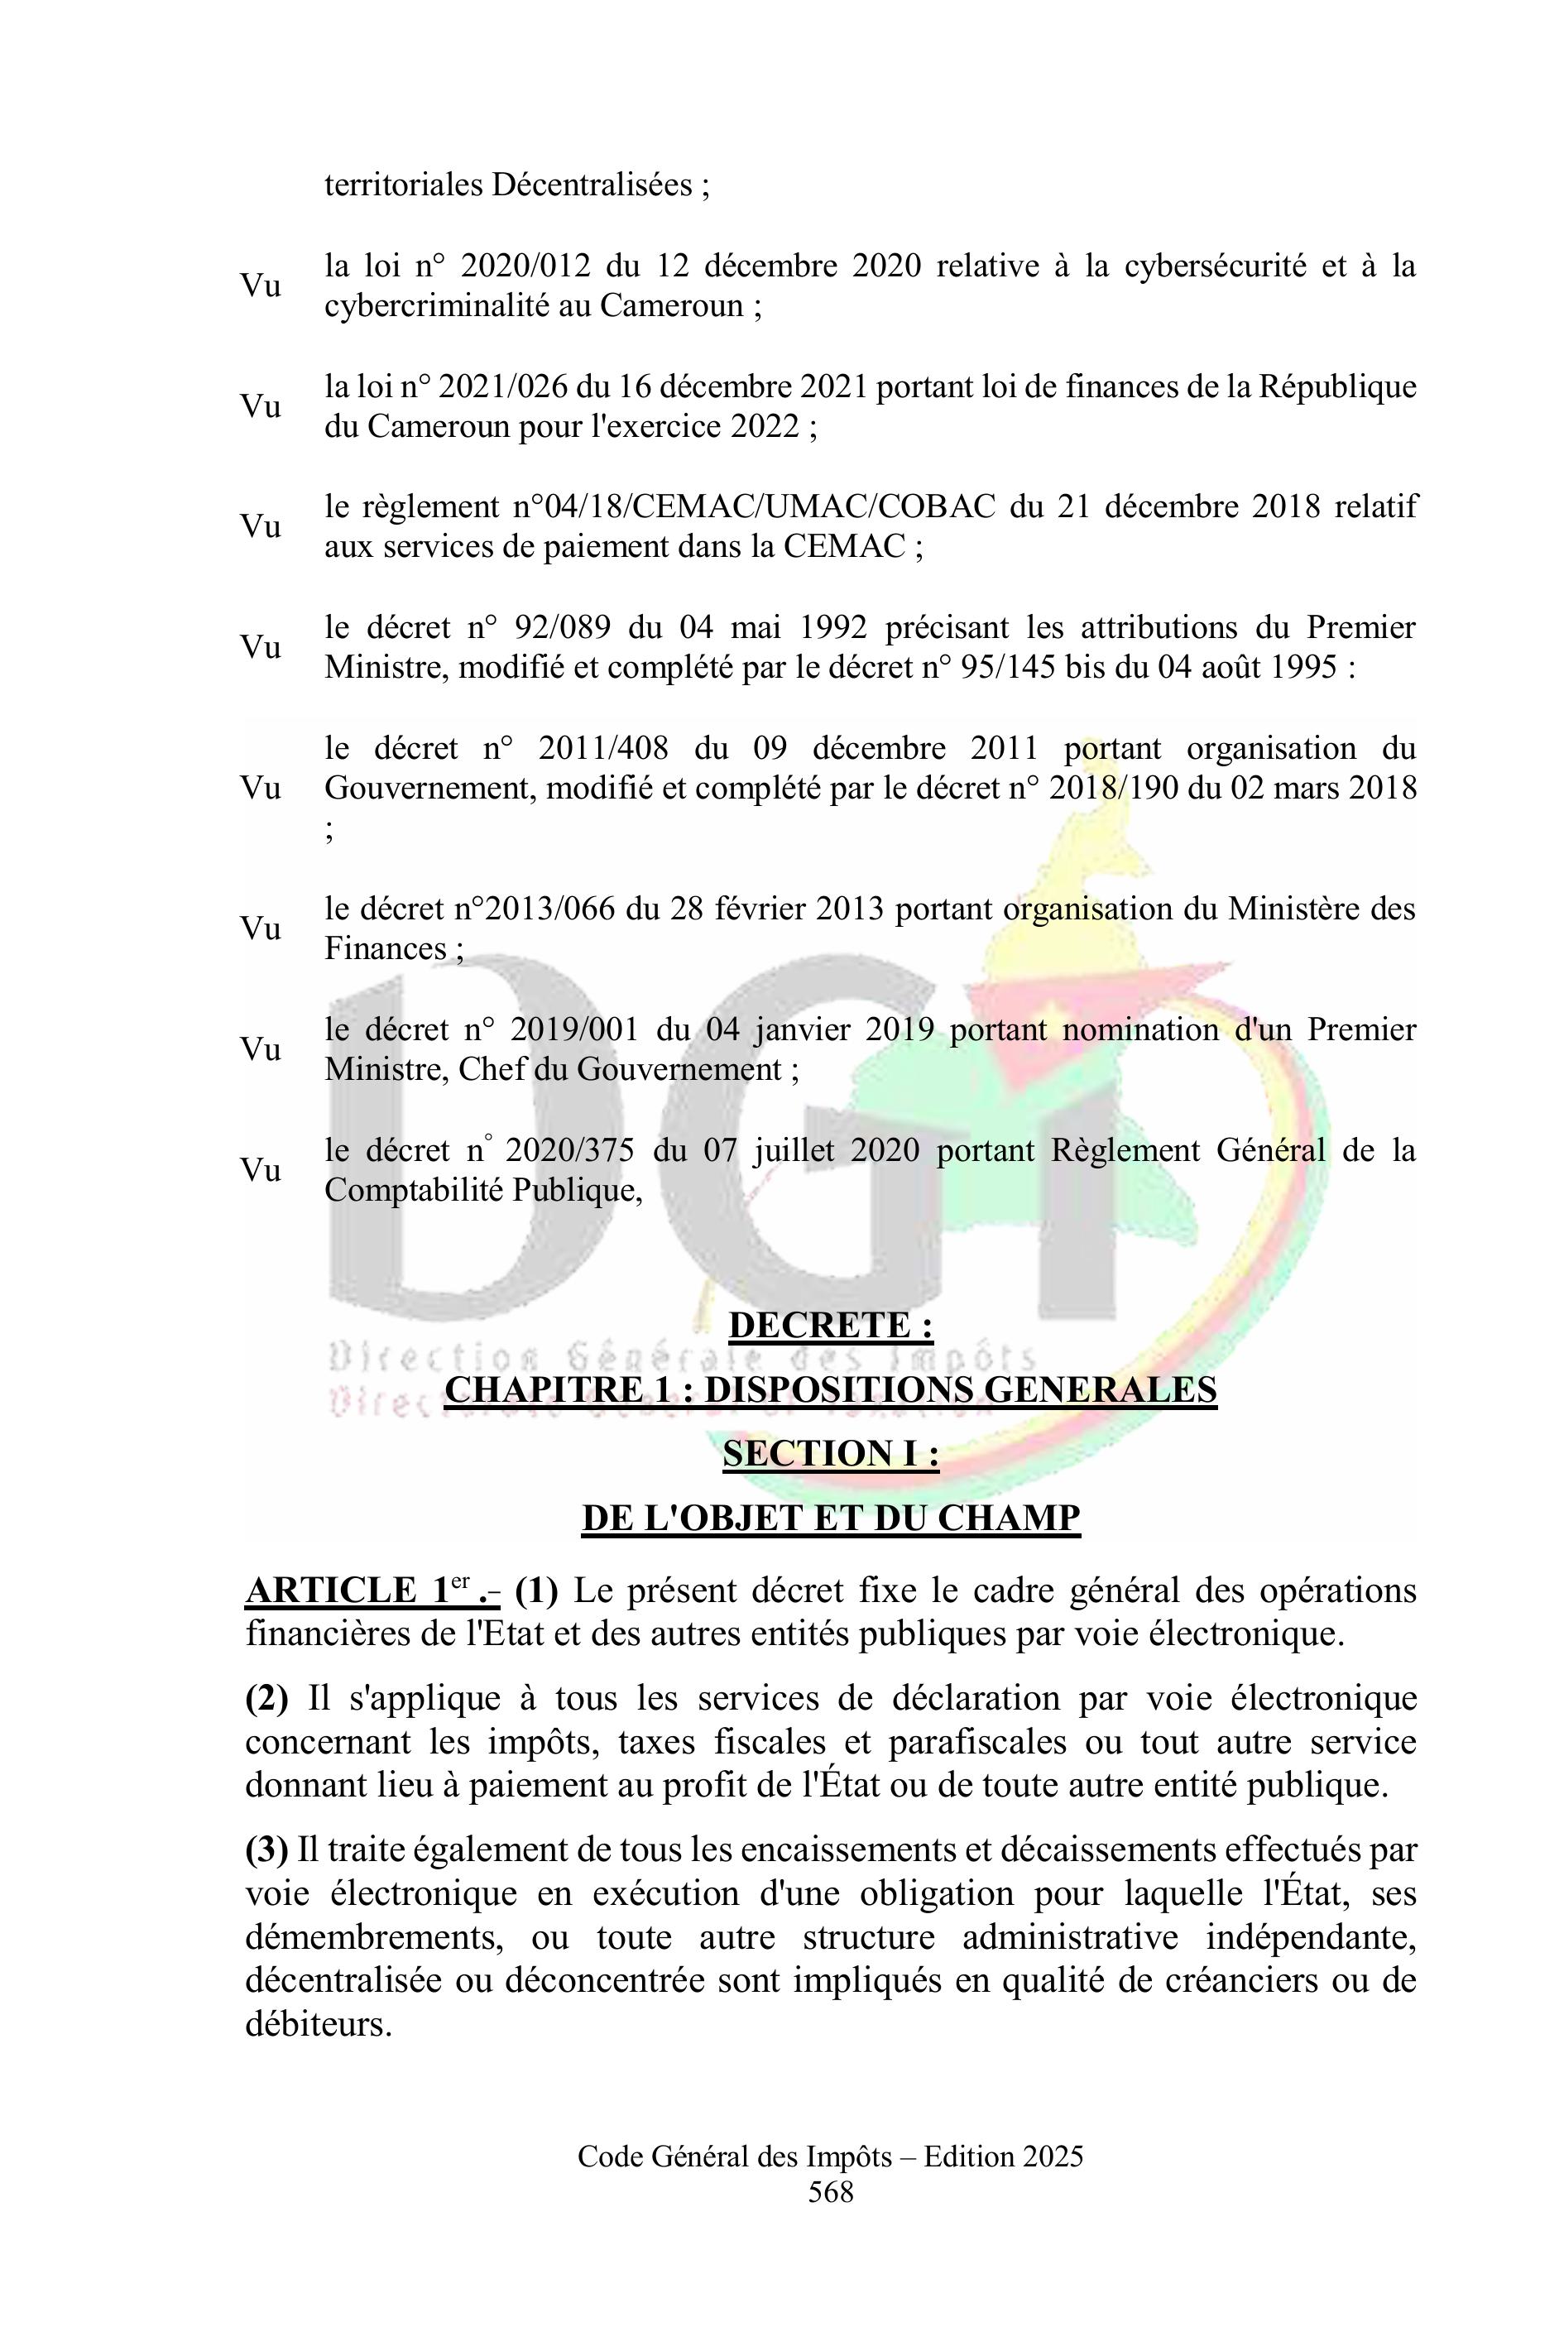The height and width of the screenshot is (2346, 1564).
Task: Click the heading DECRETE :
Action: pos(831,1326)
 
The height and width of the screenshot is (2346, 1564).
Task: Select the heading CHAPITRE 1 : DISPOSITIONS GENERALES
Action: pos(831,1389)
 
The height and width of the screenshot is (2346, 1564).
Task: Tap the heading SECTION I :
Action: pos(831,1453)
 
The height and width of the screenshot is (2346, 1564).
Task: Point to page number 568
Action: pos(831,2191)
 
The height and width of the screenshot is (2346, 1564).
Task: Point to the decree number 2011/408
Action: pos(602,749)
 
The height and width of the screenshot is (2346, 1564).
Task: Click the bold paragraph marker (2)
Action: pos(266,1698)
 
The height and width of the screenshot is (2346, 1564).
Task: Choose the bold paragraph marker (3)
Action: pos(266,1849)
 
